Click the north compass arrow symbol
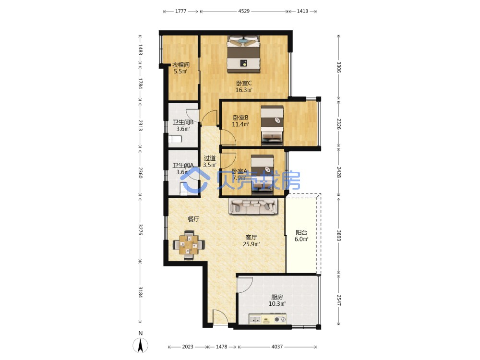140,345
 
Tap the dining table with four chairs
189,244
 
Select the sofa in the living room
253,206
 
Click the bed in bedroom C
243,54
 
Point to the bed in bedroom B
272,125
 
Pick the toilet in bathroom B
175,140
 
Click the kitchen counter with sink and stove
268,319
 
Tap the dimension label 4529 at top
244,12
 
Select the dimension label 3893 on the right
338,235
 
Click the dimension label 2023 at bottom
188,347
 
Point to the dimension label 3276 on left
140,229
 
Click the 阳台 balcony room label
301,232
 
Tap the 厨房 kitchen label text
277,297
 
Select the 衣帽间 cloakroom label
180,65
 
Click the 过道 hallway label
210,158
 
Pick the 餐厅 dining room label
193,219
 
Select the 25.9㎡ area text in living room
252,244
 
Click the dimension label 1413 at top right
302,12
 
